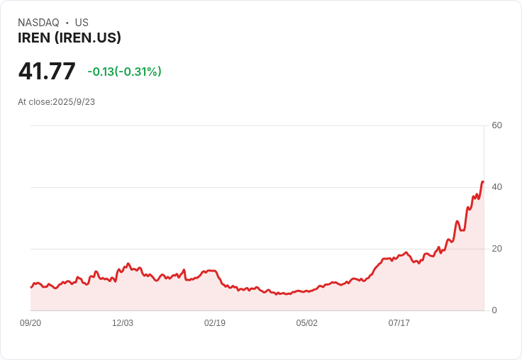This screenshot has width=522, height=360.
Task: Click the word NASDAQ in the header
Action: point(38,23)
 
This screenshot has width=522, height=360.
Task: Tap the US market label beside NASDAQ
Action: point(82,23)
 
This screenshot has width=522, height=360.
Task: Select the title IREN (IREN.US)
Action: point(70,38)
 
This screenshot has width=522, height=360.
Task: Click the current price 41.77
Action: point(47,72)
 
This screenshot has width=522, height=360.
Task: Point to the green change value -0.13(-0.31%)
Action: point(124,72)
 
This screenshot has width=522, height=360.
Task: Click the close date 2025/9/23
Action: point(74,102)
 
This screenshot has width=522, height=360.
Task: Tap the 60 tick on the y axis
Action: point(497,125)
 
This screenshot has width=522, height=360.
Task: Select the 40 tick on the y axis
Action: point(497,187)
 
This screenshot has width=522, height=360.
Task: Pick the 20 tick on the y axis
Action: point(497,249)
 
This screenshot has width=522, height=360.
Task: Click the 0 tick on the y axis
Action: point(494,310)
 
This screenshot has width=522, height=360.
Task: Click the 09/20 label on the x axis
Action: point(30,323)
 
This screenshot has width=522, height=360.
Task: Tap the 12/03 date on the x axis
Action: point(123,323)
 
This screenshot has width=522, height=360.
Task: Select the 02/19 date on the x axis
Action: point(215,323)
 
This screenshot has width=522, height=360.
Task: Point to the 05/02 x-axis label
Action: point(307,323)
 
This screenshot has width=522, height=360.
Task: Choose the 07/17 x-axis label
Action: point(399,323)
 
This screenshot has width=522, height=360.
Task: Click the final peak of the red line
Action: point(483,181)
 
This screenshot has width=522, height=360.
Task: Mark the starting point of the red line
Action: point(31,287)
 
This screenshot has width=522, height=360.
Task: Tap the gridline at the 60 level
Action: point(255,126)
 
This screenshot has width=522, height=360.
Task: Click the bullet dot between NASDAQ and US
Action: point(67,23)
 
